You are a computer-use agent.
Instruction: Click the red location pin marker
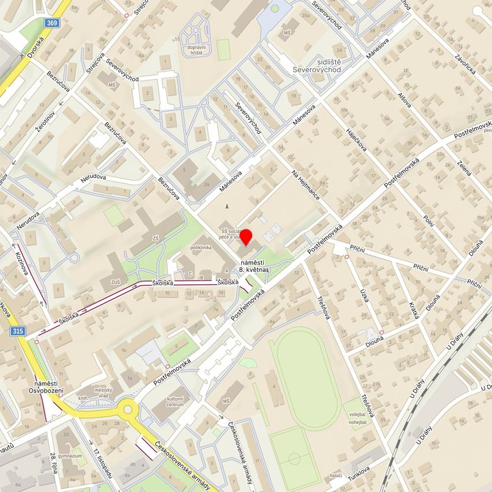pos(247,238)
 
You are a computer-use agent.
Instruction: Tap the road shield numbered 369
pos(52,23)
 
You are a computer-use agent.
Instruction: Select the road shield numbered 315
pos(18,330)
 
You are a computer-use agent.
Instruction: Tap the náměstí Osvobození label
pos(46,387)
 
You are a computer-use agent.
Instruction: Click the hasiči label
pos(335,475)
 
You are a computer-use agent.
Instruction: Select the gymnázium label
pos(70,455)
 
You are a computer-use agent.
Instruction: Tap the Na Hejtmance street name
pos(305,184)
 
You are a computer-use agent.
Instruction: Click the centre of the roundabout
pos(127,410)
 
